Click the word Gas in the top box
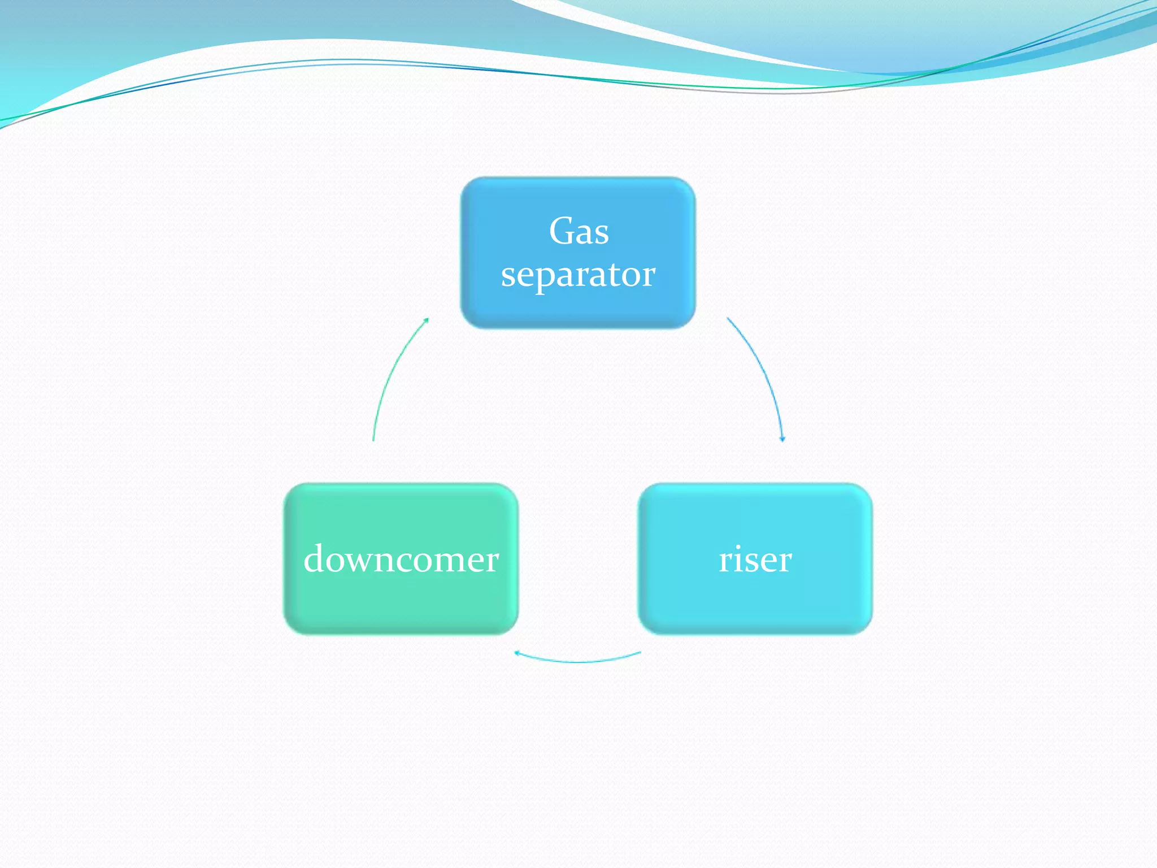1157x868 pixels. tap(578, 231)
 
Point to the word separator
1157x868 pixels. tap(578, 275)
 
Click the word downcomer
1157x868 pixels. tap(401, 559)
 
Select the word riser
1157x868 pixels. tap(755, 559)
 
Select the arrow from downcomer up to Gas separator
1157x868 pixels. tap(390, 373)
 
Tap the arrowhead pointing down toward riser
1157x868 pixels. tap(782, 439)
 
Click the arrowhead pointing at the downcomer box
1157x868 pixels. tap(517, 653)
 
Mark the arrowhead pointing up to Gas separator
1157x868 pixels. tap(427, 320)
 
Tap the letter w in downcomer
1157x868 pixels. tap(364, 561)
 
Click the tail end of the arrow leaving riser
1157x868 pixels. tap(640, 652)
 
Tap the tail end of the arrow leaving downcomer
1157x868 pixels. tap(373, 440)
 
